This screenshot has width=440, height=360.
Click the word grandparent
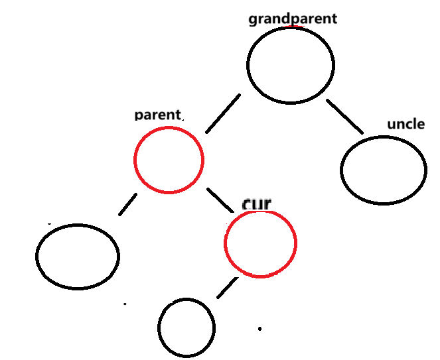tap(293, 19)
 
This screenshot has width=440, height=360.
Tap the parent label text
tap(157, 115)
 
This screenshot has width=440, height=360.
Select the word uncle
tap(405, 124)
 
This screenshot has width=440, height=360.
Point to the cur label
tap(257, 204)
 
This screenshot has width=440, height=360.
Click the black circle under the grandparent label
tap(291, 65)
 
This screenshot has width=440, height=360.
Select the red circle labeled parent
tap(169, 160)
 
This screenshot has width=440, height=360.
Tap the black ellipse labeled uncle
tap(384, 170)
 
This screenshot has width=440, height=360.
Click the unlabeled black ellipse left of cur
tap(78, 256)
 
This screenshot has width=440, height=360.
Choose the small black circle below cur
tap(186, 327)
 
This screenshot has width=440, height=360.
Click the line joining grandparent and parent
tap(222, 113)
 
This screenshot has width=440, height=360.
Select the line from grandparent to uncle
tap(344, 116)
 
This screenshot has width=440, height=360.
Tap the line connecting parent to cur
tap(221, 200)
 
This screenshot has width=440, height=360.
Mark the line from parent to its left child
tap(128, 204)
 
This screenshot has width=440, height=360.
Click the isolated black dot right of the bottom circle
tap(260, 328)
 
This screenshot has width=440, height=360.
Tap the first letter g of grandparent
tap(253, 20)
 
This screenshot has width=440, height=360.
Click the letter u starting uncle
tap(392, 125)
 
